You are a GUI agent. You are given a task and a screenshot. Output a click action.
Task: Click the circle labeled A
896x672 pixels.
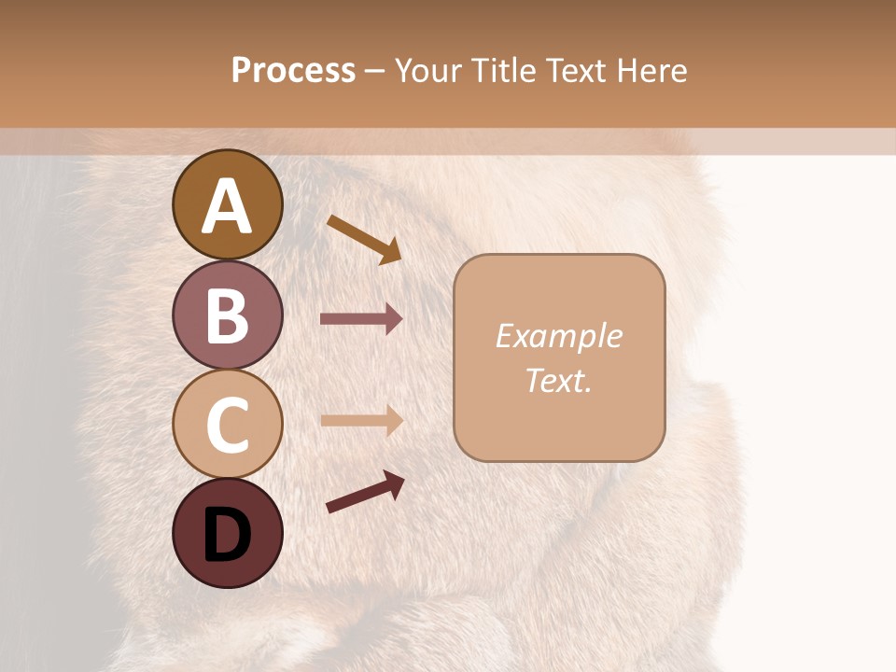(x=228, y=204)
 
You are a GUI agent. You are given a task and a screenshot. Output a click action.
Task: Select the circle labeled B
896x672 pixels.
(x=228, y=315)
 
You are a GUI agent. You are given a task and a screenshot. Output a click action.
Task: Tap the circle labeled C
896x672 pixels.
(x=228, y=424)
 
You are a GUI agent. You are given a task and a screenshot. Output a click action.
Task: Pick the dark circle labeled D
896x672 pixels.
(x=228, y=533)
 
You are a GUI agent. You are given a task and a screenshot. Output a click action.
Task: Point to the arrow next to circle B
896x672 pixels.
(x=361, y=319)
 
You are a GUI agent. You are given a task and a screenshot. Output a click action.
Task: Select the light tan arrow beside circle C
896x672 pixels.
(x=361, y=420)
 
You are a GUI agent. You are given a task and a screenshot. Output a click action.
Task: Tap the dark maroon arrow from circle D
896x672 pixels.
(x=365, y=492)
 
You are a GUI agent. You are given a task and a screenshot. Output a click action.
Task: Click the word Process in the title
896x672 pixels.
(x=293, y=70)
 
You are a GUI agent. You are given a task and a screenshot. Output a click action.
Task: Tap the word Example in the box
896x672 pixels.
(x=558, y=336)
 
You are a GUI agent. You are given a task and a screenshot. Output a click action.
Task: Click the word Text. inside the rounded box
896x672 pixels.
(x=558, y=380)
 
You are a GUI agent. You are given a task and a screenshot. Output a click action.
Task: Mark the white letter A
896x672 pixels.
(x=228, y=206)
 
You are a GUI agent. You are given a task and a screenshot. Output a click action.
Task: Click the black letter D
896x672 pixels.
(x=228, y=535)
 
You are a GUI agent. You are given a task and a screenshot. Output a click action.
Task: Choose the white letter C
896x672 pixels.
(x=228, y=425)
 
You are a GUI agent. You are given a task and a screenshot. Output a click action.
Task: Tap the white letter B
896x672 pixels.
(x=228, y=315)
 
